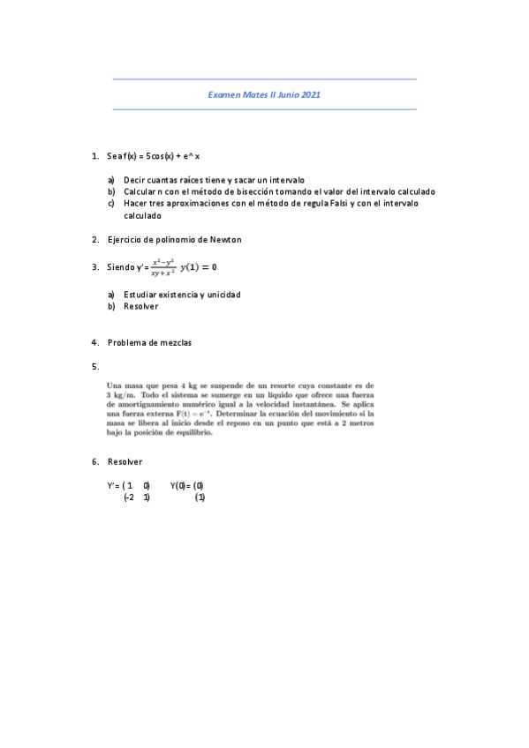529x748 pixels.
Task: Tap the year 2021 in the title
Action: (310, 93)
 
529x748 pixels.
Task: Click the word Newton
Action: (225, 239)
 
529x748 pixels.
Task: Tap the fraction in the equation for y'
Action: (162, 267)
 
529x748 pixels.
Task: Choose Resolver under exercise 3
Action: (140, 306)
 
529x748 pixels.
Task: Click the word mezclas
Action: (175, 342)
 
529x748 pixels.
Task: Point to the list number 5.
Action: (94, 365)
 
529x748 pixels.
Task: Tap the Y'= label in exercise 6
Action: (113, 485)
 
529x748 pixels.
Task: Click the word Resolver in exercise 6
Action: (125, 461)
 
